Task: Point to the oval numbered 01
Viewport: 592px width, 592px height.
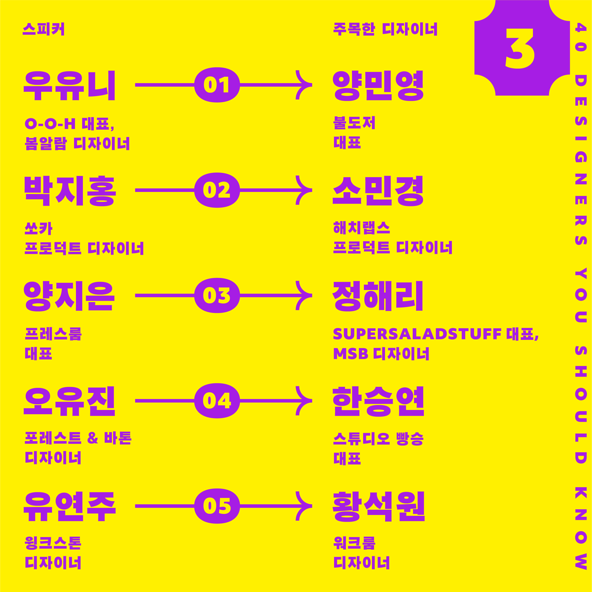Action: (217, 85)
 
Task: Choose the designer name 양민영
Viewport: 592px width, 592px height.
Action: (378, 86)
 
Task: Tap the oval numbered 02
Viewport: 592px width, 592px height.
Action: (217, 190)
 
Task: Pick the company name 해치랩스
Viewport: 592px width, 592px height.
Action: (362, 228)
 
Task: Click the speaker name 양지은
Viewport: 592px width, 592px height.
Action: (70, 296)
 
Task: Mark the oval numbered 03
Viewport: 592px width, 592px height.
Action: (217, 295)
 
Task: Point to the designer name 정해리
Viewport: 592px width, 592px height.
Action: (378, 296)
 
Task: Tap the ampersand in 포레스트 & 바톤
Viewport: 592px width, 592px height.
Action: (93, 438)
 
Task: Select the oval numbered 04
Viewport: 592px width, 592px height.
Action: (217, 401)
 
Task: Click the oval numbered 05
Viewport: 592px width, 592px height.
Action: (217, 506)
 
